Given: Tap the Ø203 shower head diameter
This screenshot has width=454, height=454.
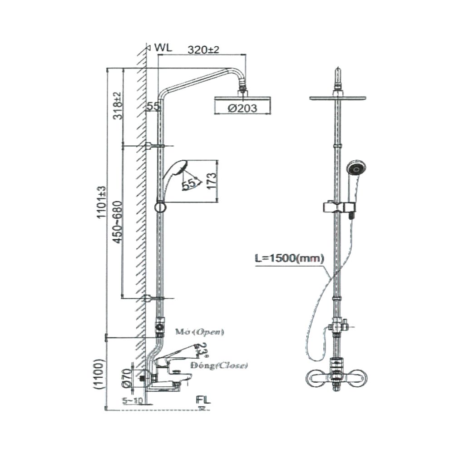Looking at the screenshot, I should click(x=242, y=108).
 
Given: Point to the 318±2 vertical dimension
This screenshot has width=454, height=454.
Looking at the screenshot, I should click(x=117, y=106).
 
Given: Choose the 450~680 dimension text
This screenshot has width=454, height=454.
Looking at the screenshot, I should click(x=117, y=222).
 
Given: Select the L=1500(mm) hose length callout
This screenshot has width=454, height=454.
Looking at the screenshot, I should click(x=289, y=259).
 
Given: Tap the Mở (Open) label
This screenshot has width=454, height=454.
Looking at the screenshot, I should click(x=200, y=332).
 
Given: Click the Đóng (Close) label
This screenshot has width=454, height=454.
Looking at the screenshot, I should click(x=219, y=365).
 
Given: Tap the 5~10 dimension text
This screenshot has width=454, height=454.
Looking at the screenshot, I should click(x=133, y=400).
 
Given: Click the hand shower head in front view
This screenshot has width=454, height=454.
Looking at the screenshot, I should click(x=355, y=168).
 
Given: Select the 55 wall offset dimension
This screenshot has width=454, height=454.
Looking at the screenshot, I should click(x=153, y=107).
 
